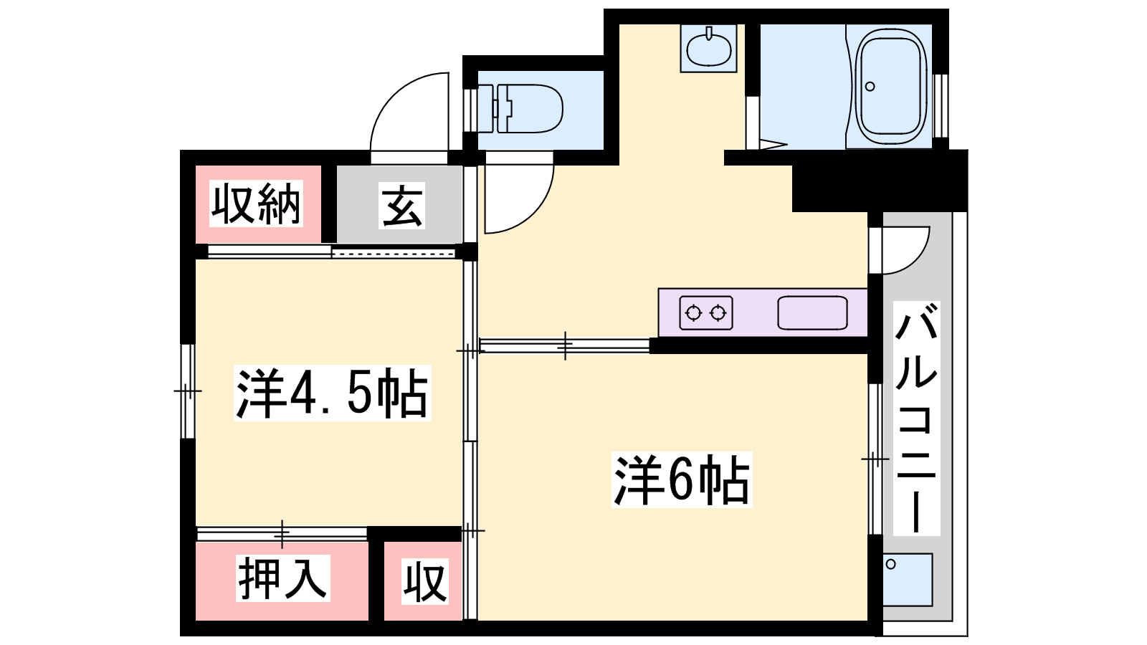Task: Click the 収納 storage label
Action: click(x=256, y=204)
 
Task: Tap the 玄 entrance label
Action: click(x=402, y=205)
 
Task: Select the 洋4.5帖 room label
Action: click(x=333, y=393)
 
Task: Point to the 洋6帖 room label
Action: click(x=682, y=479)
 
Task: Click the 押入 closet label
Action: click(x=282, y=578)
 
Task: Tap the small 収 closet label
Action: click(x=425, y=581)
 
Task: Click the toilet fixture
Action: click(x=520, y=109)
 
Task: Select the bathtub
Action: click(x=893, y=86)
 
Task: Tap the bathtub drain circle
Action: click(x=870, y=87)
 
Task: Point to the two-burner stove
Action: click(x=705, y=312)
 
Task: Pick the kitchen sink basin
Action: click(x=812, y=312)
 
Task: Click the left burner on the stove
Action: click(x=693, y=312)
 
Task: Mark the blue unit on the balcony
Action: click(x=908, y=580)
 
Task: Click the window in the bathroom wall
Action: click(x=940, y=106)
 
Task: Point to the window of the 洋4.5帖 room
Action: click(x=188, y=391)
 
